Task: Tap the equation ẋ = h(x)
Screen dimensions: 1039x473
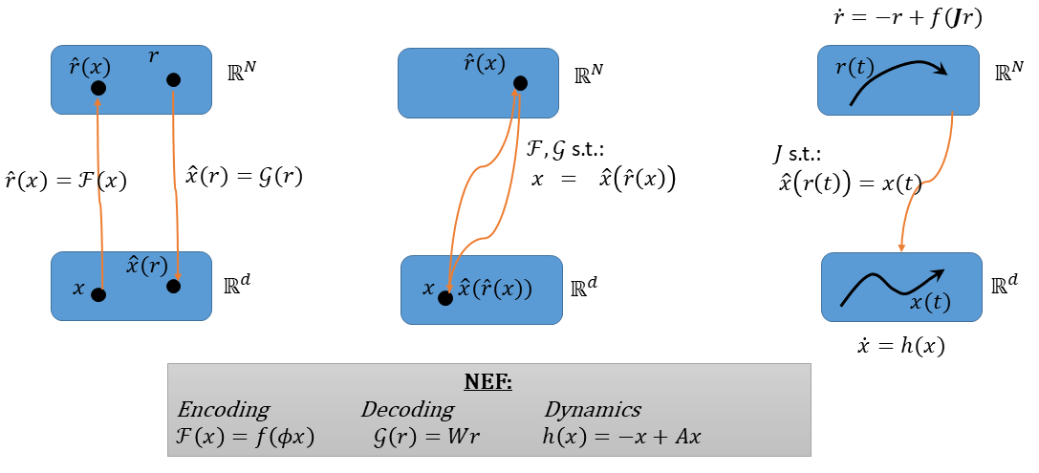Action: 900,346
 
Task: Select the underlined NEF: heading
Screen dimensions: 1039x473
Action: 488,383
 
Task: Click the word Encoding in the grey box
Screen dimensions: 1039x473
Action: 223,410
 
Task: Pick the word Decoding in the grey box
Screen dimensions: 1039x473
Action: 407,410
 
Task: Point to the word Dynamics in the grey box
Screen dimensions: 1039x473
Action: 593,410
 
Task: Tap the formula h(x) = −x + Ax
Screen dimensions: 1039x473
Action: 621,438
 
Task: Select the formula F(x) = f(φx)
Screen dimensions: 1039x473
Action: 245,438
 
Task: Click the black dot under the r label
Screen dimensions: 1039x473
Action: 174,80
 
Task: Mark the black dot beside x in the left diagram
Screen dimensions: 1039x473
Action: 98,295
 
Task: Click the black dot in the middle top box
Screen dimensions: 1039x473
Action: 521,83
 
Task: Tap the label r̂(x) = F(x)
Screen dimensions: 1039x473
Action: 64,181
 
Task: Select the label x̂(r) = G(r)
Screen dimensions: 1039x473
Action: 245,178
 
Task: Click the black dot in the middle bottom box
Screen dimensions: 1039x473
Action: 446,298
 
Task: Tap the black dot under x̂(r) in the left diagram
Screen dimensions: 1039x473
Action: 174,286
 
